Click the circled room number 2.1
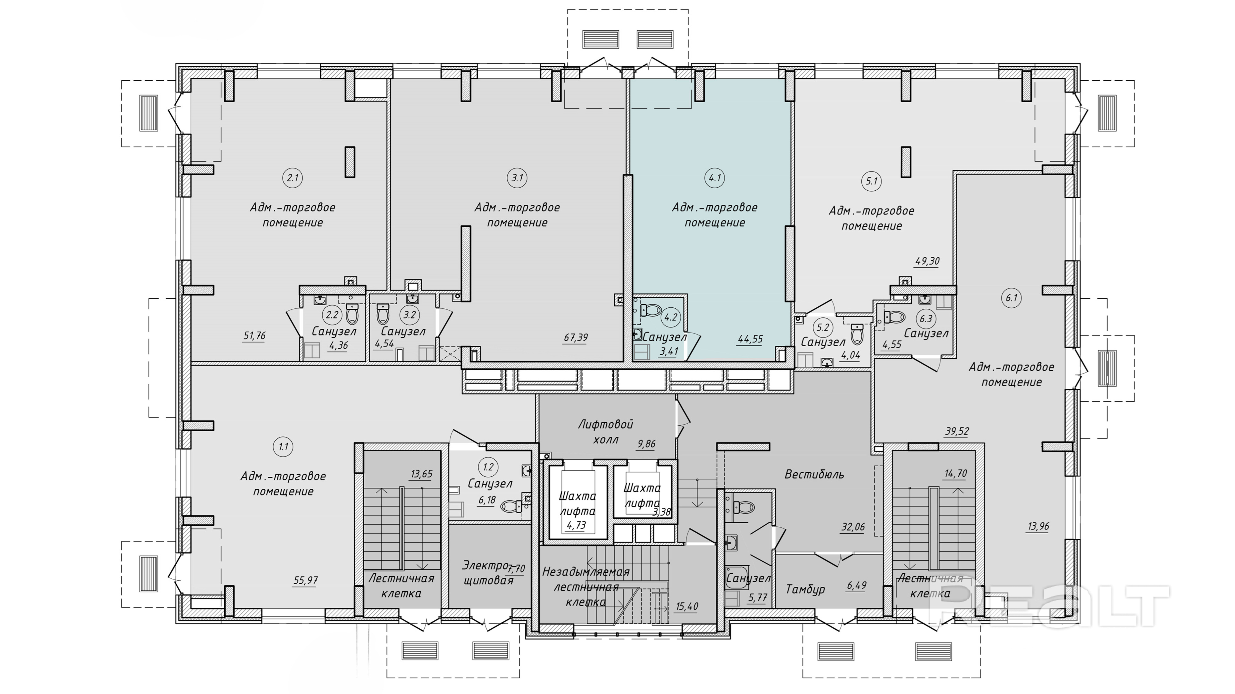pyautogui.click(x=292, y=178)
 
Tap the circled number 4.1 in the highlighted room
pyautogui.click(x=715, y=178)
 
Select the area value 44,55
pyautogui.click(x=750, y=339)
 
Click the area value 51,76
pyautogui.click(x=254, y=336)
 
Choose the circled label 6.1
pyautogui.click(x=1012, y=298)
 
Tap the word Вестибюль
pyautogui.click(x=814, y=475)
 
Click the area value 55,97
pyautogui.click(x=305, y=580)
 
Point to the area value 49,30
pyautogui.click(x=927, y=262)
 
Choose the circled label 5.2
pyautogui.click(x=823, y=328)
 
